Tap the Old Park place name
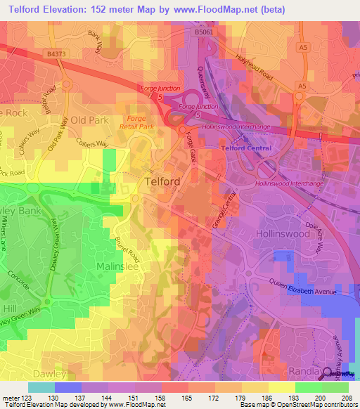(89, 120)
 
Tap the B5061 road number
(204, 32)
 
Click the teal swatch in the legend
(41, 387)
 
